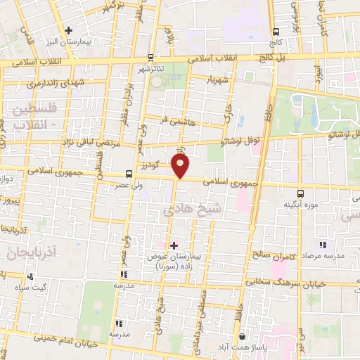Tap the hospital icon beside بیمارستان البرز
pos(68,30)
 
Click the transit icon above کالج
pos(275,31)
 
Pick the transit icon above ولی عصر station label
pos(129,173)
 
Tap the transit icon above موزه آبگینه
pos(300,192)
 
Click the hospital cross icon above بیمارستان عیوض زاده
pos(174,245)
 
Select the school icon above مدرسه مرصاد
pos(323,245)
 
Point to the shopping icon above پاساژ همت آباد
pos(243,337)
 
